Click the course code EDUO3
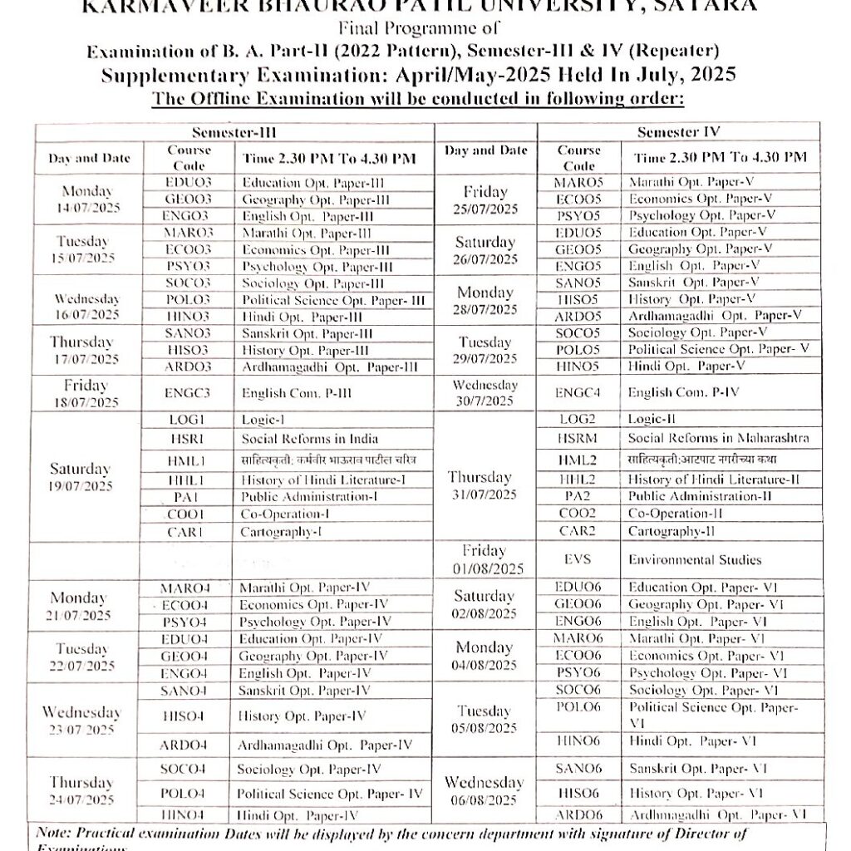coord(189,182)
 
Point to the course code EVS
coord(578,560)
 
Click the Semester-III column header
coord(234,132)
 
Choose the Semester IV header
coord(678,132)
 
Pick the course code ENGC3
coord(188,393)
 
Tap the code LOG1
coord(187,420)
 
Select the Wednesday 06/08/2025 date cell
coord(485,791)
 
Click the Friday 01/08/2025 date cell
coord(485,560)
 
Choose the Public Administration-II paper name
coord(700,496)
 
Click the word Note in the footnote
coord(54,833)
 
